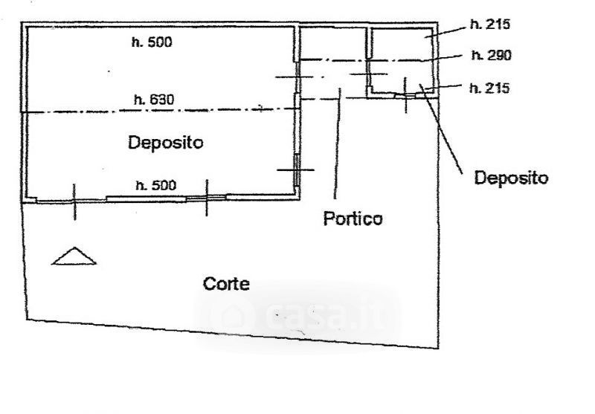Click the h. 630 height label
click(x=152, y=99)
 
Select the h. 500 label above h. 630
click(x=152, y=42)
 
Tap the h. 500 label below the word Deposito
click(x=155, y=185)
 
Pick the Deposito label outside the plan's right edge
click(x=511, y=178)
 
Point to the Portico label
click(x=353, y=219)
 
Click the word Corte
click(x=226, y=283)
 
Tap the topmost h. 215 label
click(x=490, y=25)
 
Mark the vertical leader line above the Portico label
click(x=339, y=149)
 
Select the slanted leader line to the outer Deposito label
click(x=445, y=134)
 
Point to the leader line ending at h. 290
click(x=446, y=57)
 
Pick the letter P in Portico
click(x=328, y=219)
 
